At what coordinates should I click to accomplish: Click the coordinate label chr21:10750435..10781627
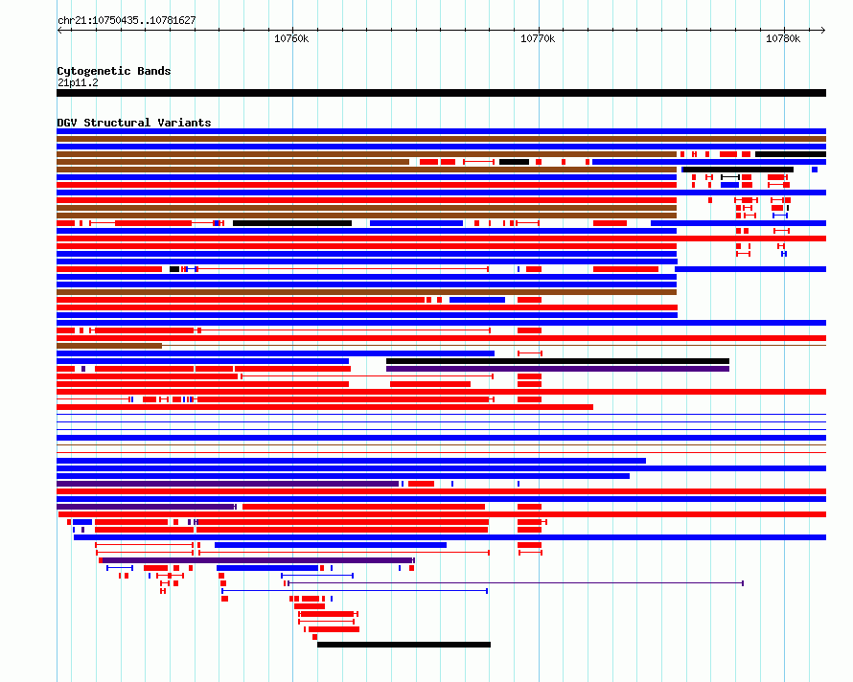[x=127, y=21]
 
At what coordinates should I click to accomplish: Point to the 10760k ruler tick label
[x=291, y=38]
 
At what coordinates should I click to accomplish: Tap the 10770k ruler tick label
[x=538, y=38]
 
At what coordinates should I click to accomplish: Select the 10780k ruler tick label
[x=783, y=38]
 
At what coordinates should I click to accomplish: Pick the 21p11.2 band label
[x=78, y=82]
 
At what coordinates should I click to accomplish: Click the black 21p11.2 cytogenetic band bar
[x=441, y=93]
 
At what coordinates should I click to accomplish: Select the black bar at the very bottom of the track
[x=403, y=645]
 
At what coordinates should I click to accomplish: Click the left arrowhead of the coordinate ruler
[x=58, y=31]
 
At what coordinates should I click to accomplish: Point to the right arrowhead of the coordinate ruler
[x=823, y=31]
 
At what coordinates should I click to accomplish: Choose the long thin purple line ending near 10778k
[x=516, y=583]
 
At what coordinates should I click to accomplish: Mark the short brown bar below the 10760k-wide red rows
[x=109, y=346]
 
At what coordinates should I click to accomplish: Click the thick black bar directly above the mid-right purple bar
[x=558, y=361]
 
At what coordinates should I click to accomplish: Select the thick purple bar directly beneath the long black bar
[x=558, y=369]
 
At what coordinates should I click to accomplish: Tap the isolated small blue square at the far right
[x=815, y=170]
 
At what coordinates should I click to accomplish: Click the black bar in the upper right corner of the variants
[x=791, y=154]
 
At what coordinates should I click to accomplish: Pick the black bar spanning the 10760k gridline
[x=292, y=223]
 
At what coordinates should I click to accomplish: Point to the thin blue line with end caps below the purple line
[x=355, y=591]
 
